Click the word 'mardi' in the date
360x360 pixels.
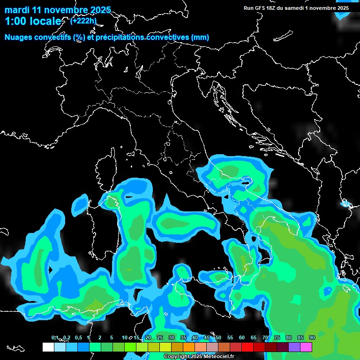coord(16,10)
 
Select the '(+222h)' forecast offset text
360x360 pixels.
coord(83,21)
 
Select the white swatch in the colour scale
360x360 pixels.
coord(48,347)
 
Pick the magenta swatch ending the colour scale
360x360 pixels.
coord(306,347)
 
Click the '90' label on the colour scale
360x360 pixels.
coord(312,337)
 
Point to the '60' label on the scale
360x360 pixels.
coord(242,337)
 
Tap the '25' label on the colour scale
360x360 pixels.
coord(159,337)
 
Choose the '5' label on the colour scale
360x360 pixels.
coord(112,337)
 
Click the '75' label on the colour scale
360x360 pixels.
coord(277,337)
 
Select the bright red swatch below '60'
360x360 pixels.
coord(247,347)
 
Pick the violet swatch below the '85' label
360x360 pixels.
coord(294,347)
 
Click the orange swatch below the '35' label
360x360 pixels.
coord(189,347)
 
